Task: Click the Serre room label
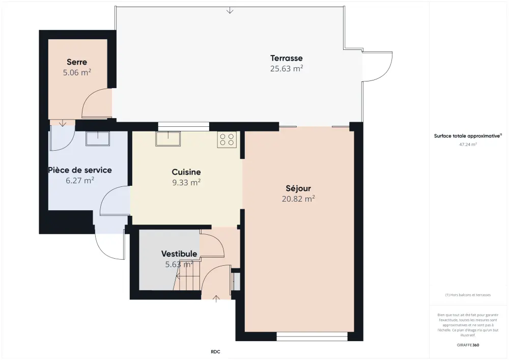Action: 77,62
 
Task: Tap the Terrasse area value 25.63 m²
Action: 287,69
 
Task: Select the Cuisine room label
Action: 186,172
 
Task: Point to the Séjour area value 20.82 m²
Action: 298,199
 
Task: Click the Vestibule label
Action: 179,254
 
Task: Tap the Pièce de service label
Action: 80,170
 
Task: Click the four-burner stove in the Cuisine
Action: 227,140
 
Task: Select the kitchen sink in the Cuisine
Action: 168,139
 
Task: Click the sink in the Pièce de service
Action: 98,139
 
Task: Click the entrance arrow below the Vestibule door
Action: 216,299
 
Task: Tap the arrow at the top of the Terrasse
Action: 230,10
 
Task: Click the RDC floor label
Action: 215,351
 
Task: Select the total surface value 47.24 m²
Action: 468,145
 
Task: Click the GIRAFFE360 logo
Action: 468,345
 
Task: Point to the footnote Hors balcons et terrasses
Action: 468,295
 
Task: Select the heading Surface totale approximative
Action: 468,136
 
